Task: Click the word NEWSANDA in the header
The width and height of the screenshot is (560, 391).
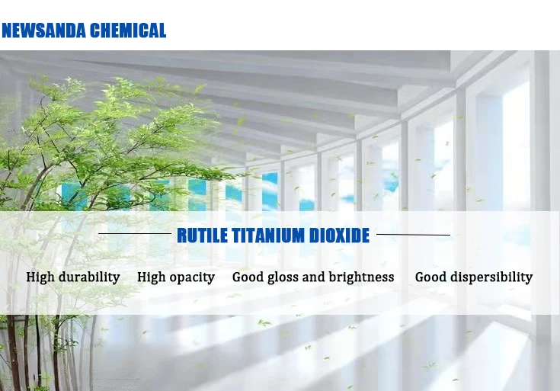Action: click(x=44, y=31)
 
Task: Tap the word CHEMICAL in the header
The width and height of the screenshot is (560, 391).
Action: click(x=128, y=31)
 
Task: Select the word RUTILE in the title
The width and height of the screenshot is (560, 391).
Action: click(x=202, y=236)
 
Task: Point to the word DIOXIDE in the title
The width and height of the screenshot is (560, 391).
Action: click(x=338, y=236)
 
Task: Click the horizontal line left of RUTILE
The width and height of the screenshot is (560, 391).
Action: click(x=135, y=234)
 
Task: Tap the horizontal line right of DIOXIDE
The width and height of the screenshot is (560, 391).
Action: click(x=413, y=235)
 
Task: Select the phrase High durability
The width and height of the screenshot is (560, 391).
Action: click(x=73, y=277)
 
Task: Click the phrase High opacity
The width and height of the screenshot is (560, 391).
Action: click(x=176, y=277)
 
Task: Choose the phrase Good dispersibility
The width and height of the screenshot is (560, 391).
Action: click(x=474, y=277)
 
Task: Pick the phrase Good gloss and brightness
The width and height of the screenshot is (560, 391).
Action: click(x=313, y=277)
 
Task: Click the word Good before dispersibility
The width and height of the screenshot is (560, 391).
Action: click(x=430, y=277)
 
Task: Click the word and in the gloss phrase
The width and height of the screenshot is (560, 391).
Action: click(x=314, y=277)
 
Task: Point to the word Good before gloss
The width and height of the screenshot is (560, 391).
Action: click(x=248, y=277)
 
